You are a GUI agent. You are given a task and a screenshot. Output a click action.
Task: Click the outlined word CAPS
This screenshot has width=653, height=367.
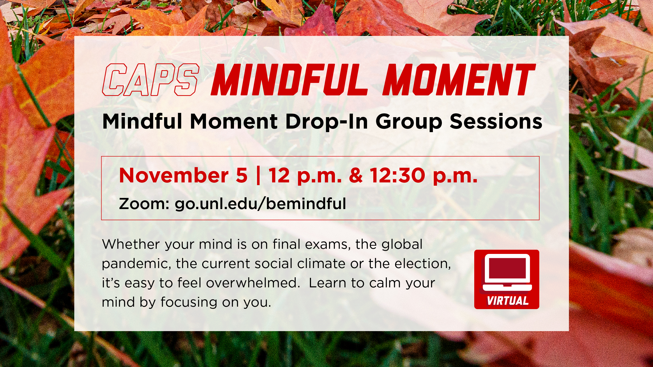pyautogui.click(x=151, y=80)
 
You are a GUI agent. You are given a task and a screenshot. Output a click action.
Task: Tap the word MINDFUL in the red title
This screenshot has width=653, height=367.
pyautogui.click(x=289, y=80)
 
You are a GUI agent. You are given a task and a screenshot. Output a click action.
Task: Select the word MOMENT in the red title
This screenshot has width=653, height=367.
pyautogui.click(x=459, y=80)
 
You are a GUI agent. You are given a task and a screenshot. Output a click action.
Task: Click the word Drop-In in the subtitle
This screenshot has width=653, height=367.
pyautogui.click(x=326, y=122)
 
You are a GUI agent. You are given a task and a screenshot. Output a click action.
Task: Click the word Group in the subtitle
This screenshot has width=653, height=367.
pyautogui.click(x=409, y=122)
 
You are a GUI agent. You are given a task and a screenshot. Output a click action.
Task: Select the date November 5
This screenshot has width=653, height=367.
pyautogui.click(x=183, y=175)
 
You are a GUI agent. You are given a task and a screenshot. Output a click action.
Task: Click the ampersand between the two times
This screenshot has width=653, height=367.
pyautogui.click(x=356, y=175)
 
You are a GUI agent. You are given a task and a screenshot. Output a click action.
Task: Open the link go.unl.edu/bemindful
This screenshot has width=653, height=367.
pyautogui.click(x=260, y=204)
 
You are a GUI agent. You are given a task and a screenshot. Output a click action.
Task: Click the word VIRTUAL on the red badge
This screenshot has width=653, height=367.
pyautogui.click(x=508, y=301)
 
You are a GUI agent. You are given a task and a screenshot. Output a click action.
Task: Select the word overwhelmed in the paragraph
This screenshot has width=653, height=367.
pyautogui.click(x=253, y=283)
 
